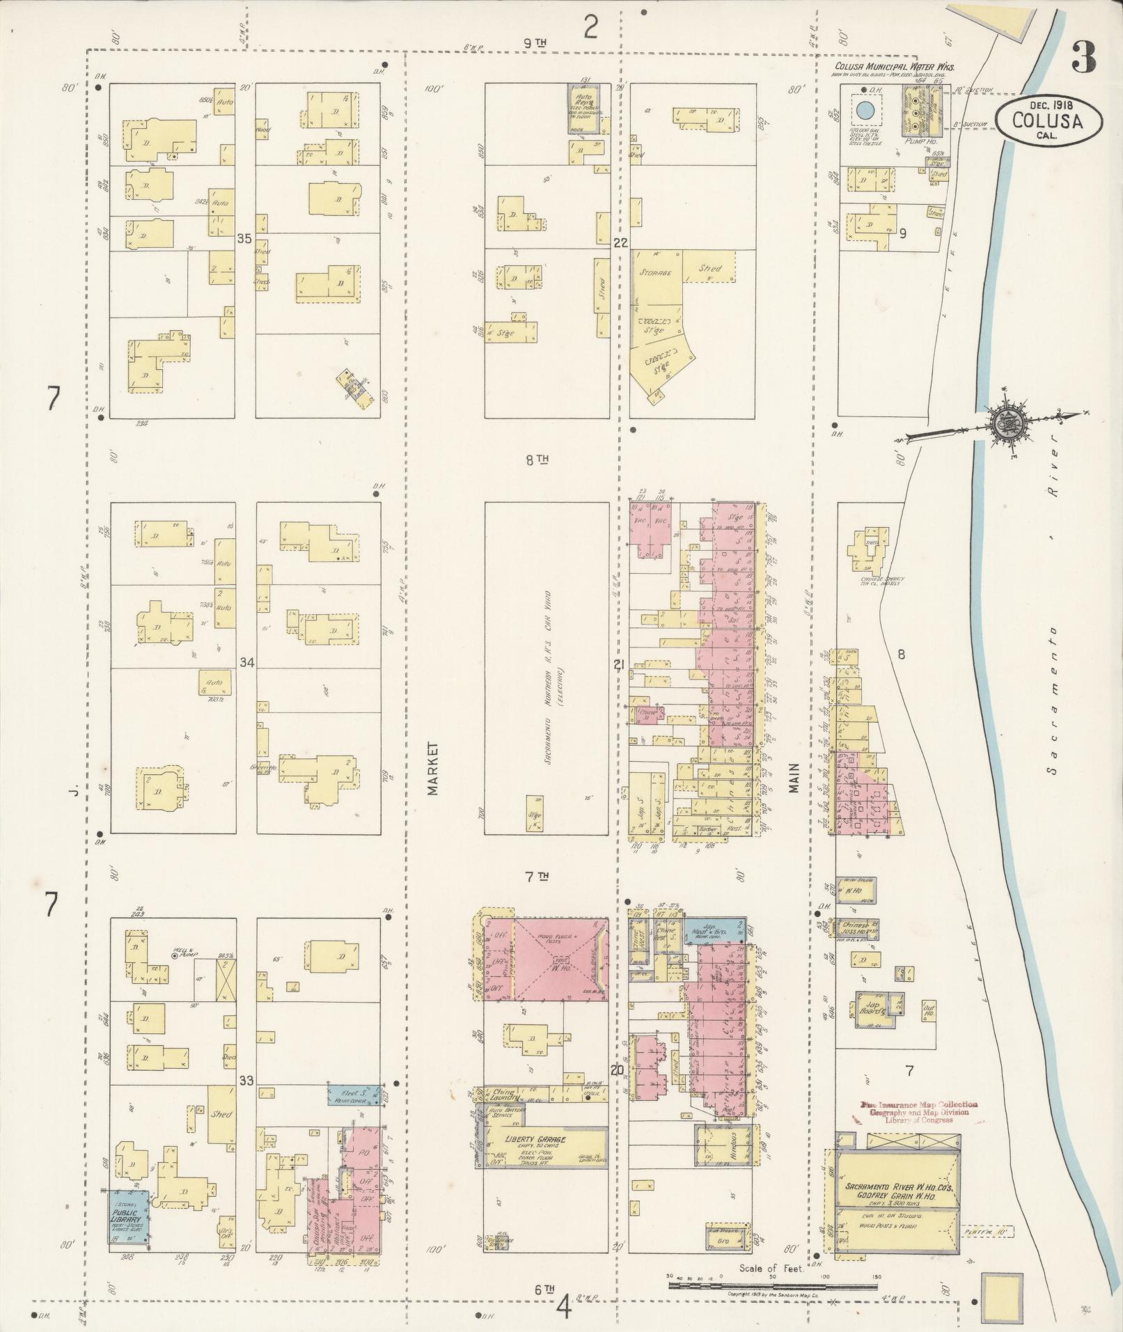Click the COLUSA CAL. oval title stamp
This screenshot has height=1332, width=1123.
pyautogui.click(x=1049, y=120)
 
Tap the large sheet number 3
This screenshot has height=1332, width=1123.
pyautogui.click(x=1083, y=57)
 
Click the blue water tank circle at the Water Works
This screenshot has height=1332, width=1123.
pyautogui.click(x=865, y=110)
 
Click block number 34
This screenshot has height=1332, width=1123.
pyautogui.click(x=244, y=661)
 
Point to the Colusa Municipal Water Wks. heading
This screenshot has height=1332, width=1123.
pyautogui.click(x=894, y=68)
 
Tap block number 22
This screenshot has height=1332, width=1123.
pyautogui.click(x=620, y=243)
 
